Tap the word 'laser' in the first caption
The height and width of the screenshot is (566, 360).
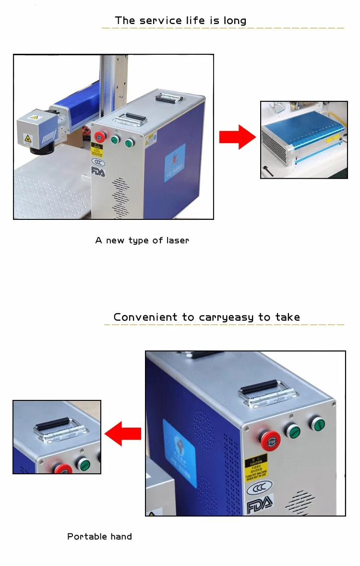point(177,240)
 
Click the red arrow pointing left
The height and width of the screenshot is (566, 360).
point(123,434)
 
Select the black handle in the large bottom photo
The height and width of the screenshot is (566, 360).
point(260,386)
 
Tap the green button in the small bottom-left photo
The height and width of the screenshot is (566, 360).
point(84,464)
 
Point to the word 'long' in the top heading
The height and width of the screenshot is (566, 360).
point(235,21)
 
